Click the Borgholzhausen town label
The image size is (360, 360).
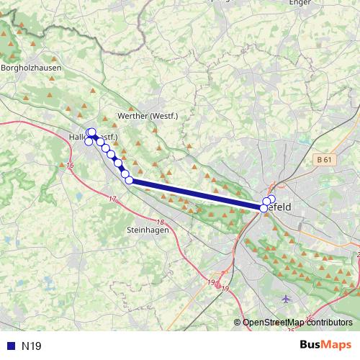tap(32, 68)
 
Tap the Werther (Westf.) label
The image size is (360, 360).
tap(147, 116)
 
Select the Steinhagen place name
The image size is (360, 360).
tap(148, 230)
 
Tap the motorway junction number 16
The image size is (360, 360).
tap(70, 166)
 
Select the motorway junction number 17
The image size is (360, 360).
tap(112, 199)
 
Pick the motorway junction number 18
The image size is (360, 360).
tap(160, 222)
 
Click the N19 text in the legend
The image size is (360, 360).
tap(32, 346)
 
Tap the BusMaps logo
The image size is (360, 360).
tap(326, 345)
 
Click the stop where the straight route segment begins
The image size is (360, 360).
tap(130, 180)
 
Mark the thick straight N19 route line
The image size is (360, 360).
tap(194, 194)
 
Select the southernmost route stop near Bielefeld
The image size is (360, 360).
tap(264, 208)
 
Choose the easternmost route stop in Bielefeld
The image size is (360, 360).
tap(271, 198)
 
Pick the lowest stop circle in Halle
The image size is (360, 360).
tap(89, 141)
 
